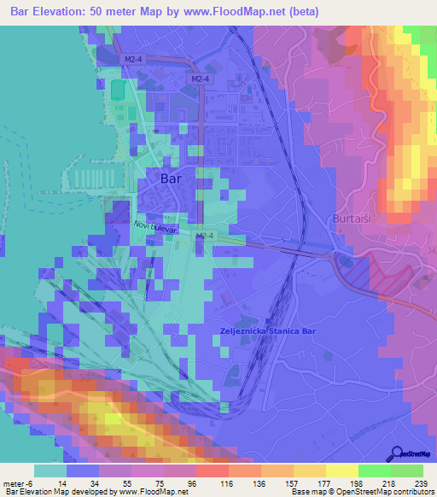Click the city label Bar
(171, 179)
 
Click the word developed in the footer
(100, 492)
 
